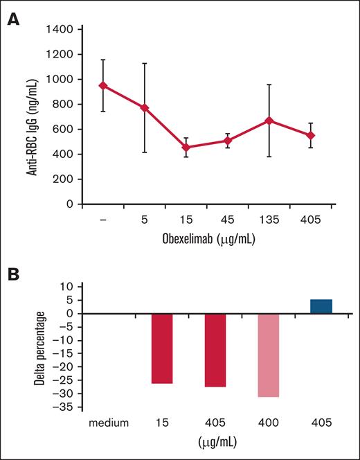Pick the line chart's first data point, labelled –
[x=103, y=86]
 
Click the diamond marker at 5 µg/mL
[x=145, y=108]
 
